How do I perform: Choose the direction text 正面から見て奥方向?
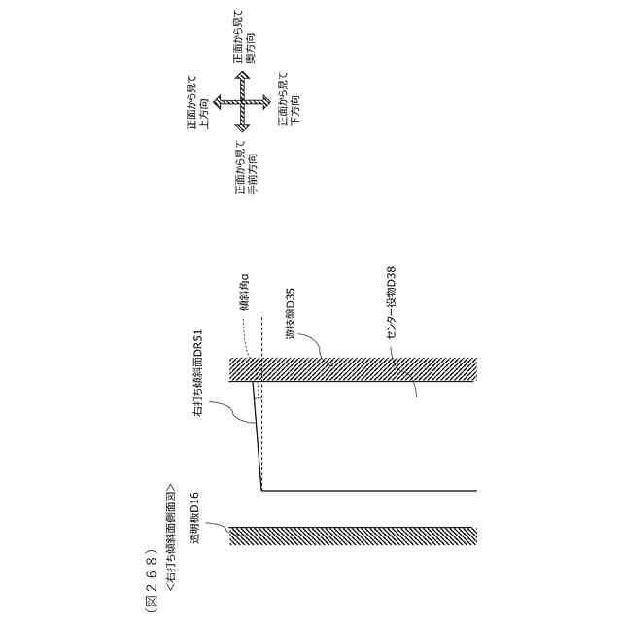pyautogui.click(x=244, y=40)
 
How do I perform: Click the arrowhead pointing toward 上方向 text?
pyautogui.click(x=218, y=100)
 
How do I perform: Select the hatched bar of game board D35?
pyautogui.click(x=350, y=369)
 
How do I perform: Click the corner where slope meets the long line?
pyautogui.click(x=262, y=489)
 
